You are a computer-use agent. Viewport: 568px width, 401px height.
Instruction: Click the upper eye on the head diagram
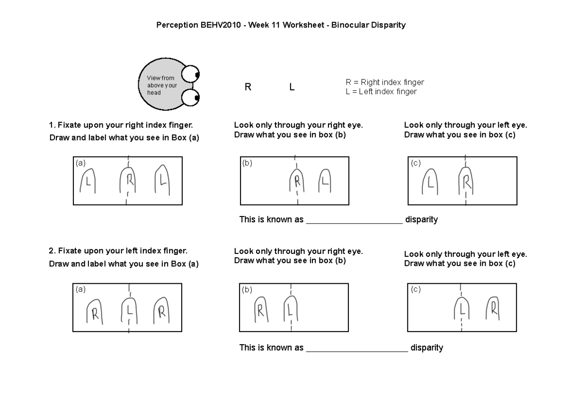click(191, 74)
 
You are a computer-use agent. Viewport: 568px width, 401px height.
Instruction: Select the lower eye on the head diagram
click(191, 98)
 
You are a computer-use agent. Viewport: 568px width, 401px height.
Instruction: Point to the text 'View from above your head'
click(161, 85)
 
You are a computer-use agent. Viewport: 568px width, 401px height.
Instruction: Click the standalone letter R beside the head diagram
click(248, 87)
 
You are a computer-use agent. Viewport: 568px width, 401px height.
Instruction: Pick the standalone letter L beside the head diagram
click(292, 87)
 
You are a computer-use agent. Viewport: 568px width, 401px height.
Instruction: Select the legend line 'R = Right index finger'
click(385, 82)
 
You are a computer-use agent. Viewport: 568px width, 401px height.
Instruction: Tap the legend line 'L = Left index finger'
click(381, 92)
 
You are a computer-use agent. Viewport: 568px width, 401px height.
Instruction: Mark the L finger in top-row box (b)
click(324, 181)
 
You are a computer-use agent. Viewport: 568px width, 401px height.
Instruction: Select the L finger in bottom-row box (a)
click(129, 310)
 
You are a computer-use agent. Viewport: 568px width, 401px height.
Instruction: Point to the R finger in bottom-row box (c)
click(493, 310)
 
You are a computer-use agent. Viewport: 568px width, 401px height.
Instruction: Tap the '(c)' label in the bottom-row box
click(416, 289)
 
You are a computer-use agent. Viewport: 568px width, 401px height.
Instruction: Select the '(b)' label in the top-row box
click(247, 163)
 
